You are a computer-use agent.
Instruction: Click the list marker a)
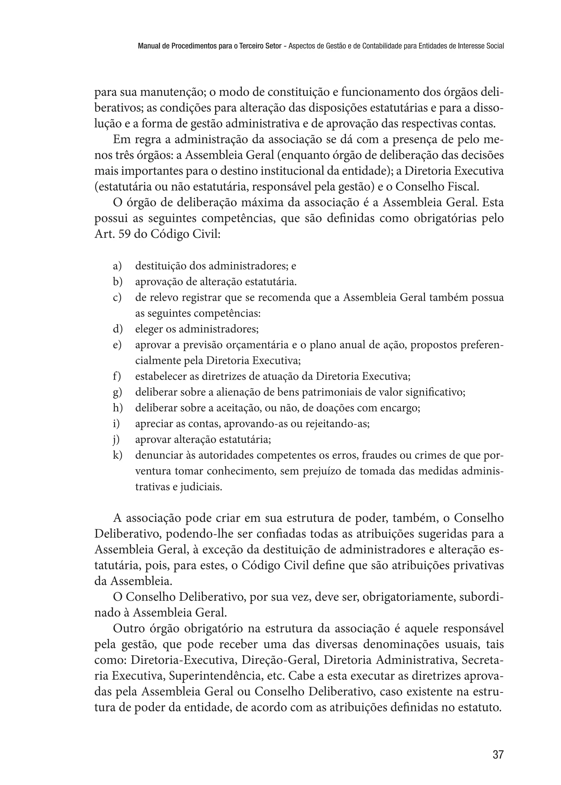pyautogui.click(x=118, y=266)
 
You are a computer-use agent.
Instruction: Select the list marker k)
pyautogui.click(x=118, y=456)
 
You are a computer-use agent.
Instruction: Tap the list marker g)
pyautogui.click(x=118, y=393)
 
